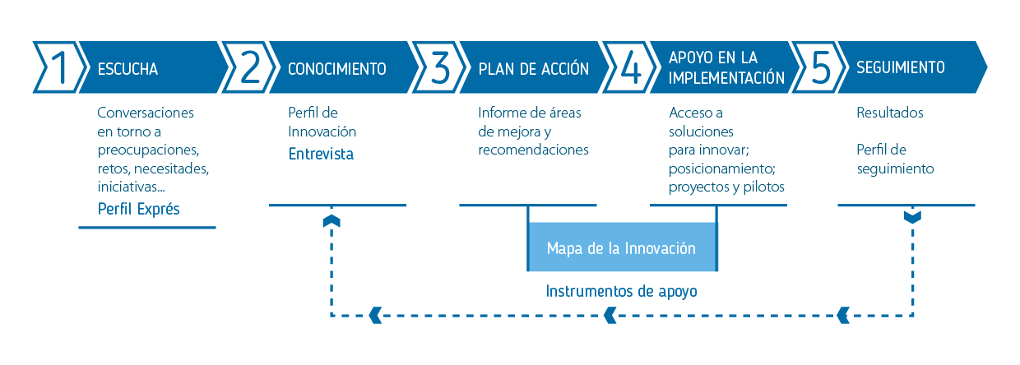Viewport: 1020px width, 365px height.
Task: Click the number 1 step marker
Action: point(58,67)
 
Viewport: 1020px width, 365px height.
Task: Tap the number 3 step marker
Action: point(439,67)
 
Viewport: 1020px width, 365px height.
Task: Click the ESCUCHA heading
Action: point(128,69)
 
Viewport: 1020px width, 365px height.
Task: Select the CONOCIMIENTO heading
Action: point(337,69)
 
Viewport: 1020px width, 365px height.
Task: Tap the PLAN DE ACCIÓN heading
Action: point(533,69)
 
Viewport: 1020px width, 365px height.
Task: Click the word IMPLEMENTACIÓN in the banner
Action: point(726,77)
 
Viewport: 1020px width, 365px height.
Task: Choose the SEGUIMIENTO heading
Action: point(900,67)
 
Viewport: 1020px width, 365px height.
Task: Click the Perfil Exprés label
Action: point(138,209)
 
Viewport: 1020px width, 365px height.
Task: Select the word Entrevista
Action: point(321,154)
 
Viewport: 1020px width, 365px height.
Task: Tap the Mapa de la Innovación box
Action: point(622,247)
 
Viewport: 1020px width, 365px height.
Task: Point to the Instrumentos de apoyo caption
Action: point(621,291)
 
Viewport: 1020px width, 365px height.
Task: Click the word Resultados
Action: point(890,113)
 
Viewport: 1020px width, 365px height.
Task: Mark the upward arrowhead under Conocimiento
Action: point(331,221)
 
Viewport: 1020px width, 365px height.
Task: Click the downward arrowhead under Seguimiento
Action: point(912,217)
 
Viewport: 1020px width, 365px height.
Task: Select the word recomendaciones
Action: point(533,150)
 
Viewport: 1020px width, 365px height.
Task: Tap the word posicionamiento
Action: point(721,169)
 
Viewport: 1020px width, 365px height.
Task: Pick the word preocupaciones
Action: point(148,150)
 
